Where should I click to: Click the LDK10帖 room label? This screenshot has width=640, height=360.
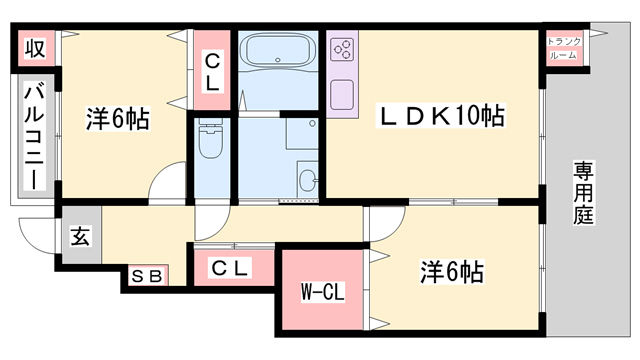pyautogui.click(x=439, y=117)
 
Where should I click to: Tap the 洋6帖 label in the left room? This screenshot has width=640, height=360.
pyautogui.click(x=117, y=120)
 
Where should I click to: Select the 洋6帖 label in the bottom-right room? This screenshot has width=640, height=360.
pyautogui.click(x=452, y=271)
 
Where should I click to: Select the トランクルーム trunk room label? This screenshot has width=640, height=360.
pyautogui.click(x=564, y=49)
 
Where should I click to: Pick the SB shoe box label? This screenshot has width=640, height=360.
pyautogui.click(x=146, y=276)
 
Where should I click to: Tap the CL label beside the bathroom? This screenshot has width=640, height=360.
pyautogui.click(x=212, y=72)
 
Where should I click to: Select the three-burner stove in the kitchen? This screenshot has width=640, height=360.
pyautogui.click(x=343, y=49)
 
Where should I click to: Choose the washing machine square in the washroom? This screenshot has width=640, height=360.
pyautogui.click(x=301, y=136)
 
